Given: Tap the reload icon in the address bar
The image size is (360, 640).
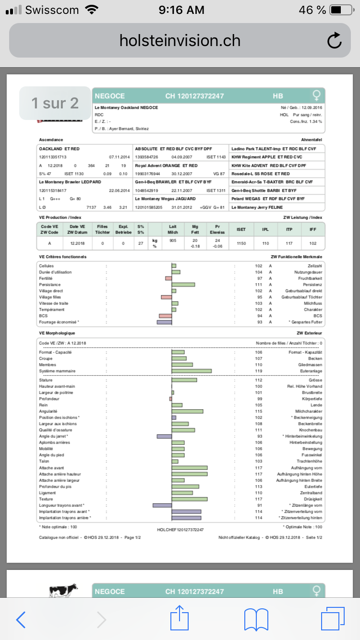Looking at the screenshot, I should pyautogui.click(x=334, y=41).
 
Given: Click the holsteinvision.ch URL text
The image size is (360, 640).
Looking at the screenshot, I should pyautogui.click(x=180, y=41).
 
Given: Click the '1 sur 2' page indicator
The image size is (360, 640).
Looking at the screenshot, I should pyautogui.click(x=55, y=103).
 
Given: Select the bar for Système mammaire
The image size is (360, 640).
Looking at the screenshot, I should pyautogui.click(x=192, y=371).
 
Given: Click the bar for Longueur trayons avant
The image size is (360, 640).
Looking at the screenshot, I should pyautogui.click(x=162, y=505).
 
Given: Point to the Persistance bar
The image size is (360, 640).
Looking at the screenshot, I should pyautogui.click(x=183, y=284).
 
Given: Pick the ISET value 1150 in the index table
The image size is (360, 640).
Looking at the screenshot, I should pyautogui.click(x=241, y=243).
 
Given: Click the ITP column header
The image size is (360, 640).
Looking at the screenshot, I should pyautogui.click(x=289, y=229).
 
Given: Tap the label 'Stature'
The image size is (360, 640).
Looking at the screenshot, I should pyautogui.click(x=46, y=380).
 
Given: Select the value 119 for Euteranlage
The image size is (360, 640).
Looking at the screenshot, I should pyautogui.click(x=259, y=371).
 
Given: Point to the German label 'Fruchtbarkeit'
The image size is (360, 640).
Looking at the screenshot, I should pyautogui.click(x=311, y=278).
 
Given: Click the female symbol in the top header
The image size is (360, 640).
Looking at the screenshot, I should pyautogui.click(x=316, y=95).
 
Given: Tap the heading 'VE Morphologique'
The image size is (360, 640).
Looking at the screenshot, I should pyautogui.click(x=57, y=332).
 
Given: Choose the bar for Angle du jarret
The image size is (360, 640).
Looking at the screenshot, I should pyautogui.click(x=164, y=436).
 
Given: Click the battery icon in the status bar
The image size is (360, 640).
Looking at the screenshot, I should pyautogui.click(x=342, y=10).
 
